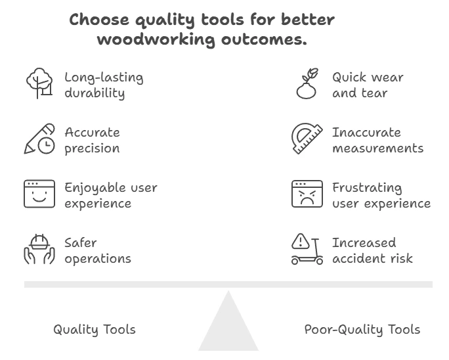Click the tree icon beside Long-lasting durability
(x=39, y=83)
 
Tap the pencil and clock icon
(x=39, y=139)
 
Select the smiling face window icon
(x=39, y=194)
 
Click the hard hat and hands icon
(x=39, y=249)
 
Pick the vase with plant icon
(x=307, y=83)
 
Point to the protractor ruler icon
(x=307, y=139)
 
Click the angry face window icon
(x=307, y=194)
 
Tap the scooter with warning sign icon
(x=307, y=249)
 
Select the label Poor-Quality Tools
(x=362, y=330)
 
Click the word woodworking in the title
(x=156, y=39)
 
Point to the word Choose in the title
(x=99, y=20)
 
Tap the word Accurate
(x=92, y=133)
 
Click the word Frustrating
(x=367, y=188)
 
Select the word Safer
(x=81, y=243)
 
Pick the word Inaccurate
(x=366, y=133)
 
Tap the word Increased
(x=364, y=243)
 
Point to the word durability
(x=95, y=93)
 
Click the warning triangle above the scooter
(x=301, y=241)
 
